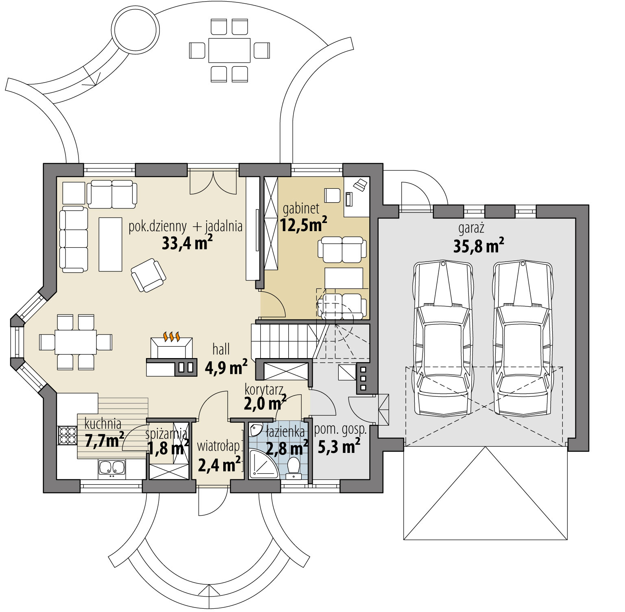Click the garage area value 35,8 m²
pos(479,246)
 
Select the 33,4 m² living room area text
pos(187,243)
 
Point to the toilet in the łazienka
pos(293,466)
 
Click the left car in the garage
pos(442,338)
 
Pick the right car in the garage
pos(523,338)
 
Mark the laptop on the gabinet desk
pos(359,184)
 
